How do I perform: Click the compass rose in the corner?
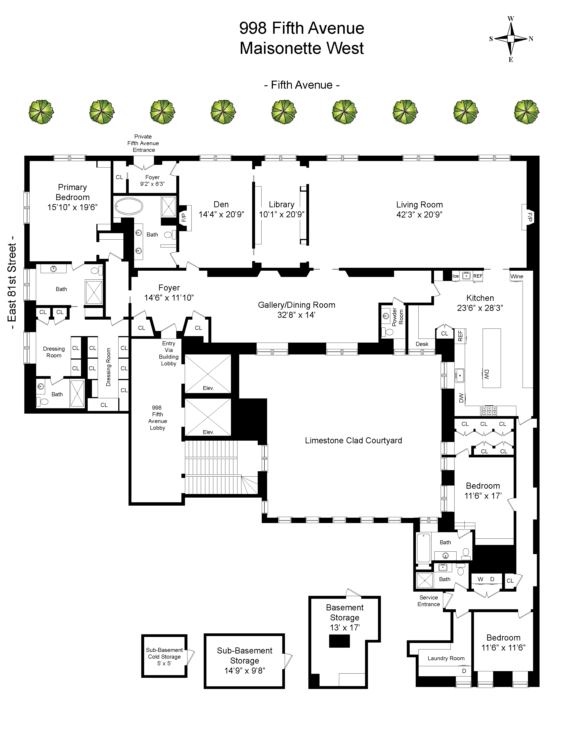coord(511,39)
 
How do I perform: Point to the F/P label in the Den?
coord(184,217)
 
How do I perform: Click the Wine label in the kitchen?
coord(516,276)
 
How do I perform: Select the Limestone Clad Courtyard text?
coord(353,440)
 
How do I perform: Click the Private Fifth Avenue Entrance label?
coord(143,143)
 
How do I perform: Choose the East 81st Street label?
coord(12,287)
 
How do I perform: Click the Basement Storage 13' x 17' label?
coord(345,618)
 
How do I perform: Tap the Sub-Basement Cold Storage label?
coord(164,656)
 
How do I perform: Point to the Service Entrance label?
coord(428,601)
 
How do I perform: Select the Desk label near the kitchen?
coord(422,344)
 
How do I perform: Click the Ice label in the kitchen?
coord(455,276)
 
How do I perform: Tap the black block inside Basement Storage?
coord(339,641)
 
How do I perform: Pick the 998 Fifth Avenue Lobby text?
coord(157,418)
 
